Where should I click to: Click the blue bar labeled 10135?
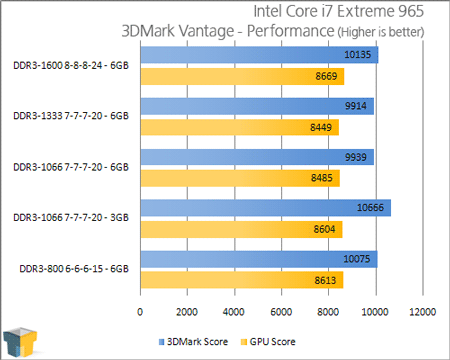click(x=258, y=55)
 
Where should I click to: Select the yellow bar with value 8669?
click(x=241, y=75)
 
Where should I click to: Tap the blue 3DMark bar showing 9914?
click(x=256, y=106)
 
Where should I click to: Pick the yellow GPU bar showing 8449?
click(x=239, y=126)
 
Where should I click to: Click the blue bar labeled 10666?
click(x=264, y=209)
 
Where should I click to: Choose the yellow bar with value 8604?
click(x=240, y=229)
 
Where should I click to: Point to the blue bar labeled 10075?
click(x=257, y=260)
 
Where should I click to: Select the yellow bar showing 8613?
click(x=240, y=280)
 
